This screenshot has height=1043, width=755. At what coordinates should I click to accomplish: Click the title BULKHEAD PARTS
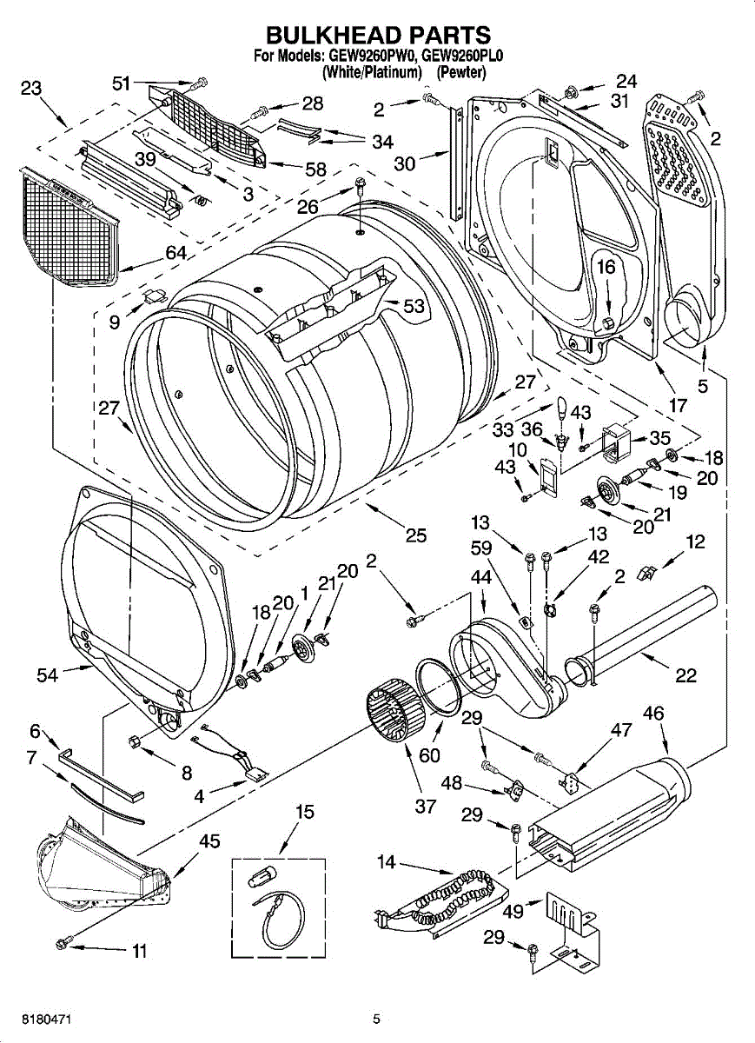(x=378, y=35)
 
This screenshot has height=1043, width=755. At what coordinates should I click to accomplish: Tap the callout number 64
(x=176, y=253)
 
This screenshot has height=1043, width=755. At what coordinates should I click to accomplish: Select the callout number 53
(x=414, y=306)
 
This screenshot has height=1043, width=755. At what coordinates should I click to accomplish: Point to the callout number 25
(x=415, y=535)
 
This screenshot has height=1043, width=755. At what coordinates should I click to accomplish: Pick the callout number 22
(x=685, y=674)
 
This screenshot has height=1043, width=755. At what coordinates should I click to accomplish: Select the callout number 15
(x=305, y=813)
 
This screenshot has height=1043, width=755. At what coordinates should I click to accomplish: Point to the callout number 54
(x=47, y=674)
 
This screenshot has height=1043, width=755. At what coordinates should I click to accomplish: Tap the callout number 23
(x=31, y=88)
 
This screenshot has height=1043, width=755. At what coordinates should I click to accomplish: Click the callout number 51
(x=121, y=83)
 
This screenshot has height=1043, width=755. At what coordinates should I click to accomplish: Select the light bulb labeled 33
(x=562, y=406)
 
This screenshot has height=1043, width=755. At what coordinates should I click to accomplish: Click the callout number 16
(x=606, y=267)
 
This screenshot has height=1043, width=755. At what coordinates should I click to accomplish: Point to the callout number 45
(x=209, y=841)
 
